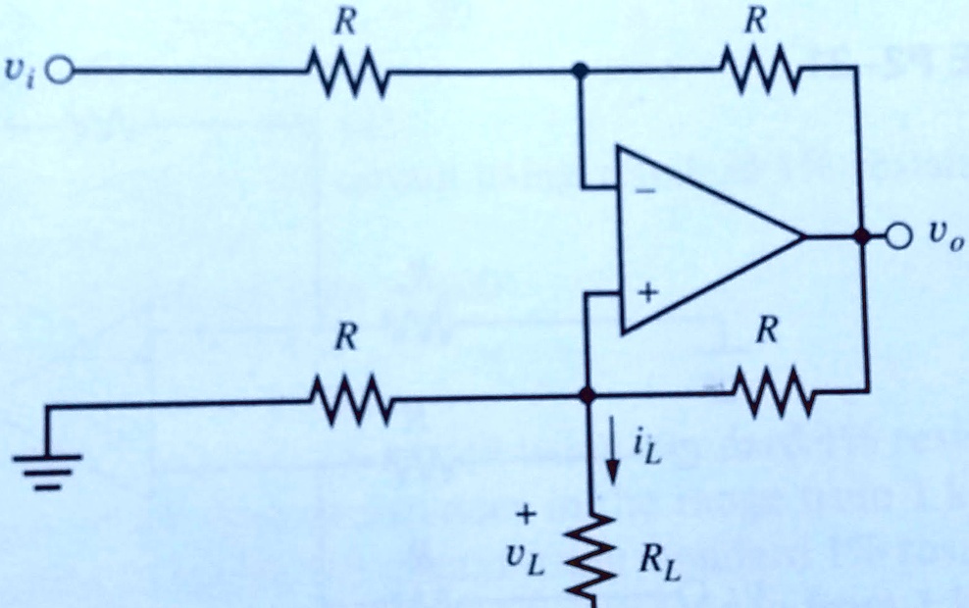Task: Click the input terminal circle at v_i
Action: pyautogui.click(x=60, y=71)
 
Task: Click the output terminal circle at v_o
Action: pyautogui.click(x=897, y=236)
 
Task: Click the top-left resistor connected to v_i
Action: pyautogui.click(x=349, y=72)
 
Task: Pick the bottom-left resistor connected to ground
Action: pyautogui.click(x=350, y=399)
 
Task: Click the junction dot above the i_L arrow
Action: pyautogui.click(x=586, y=395)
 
